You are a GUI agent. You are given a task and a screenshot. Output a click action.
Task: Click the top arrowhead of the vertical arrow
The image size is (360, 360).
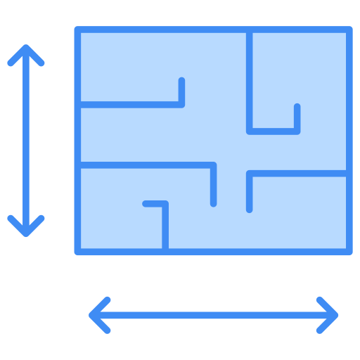coord(26,49)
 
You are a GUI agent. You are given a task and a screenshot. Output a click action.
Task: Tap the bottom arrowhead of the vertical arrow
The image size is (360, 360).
coord(26,232)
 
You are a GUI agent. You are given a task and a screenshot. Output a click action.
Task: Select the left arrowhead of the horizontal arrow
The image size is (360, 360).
coord(94,315)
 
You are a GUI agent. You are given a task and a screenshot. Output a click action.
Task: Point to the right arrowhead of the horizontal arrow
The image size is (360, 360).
coord(333,315)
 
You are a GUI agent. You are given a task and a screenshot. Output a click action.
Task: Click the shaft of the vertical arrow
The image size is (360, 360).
coord(26,141)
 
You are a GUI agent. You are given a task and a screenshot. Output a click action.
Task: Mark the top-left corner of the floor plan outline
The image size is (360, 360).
coord(77,30)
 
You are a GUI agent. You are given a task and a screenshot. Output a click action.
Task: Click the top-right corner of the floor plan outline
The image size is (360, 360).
coord(349,30)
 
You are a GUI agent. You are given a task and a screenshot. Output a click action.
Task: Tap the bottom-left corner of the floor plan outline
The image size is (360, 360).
coord(77,251)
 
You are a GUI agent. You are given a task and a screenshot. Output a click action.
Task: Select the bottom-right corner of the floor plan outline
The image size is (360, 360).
coord(349,251)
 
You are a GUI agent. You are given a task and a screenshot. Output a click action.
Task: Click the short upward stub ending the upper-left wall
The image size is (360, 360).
coord(181,90)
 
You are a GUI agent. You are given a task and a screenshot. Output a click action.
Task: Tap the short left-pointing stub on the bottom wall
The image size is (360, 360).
coord(151,204)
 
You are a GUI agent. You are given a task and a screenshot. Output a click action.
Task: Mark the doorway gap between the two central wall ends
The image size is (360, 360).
coord(231,186)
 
